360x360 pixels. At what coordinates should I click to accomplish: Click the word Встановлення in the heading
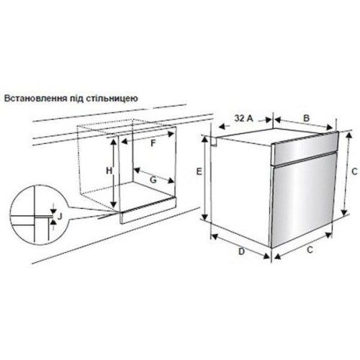point(36,99)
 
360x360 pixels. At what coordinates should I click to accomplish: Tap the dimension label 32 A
point(244,118)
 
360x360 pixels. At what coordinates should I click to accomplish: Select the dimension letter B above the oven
point(306,118)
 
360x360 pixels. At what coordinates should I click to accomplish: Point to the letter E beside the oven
point(199,171)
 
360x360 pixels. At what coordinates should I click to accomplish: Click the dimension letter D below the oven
point(241,251)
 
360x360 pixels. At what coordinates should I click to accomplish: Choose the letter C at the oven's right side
point(354,171)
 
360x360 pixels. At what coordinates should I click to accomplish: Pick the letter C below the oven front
point(310,250)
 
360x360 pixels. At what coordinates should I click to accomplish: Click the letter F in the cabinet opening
point(153,143)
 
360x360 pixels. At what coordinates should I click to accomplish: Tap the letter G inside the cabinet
point(153,179)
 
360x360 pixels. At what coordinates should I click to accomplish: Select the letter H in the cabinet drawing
point(109,171)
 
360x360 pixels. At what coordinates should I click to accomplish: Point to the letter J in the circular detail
point(60,217)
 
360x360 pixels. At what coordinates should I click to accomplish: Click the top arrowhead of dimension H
point(114,142)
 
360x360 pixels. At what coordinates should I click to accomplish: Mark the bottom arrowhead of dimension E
point(204,217)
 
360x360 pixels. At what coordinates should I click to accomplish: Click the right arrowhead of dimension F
point(171,134)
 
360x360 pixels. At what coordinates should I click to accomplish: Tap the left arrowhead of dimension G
point(137,171)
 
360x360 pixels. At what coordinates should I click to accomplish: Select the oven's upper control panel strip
point(305,148)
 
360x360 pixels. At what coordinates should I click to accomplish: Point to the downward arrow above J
point(53,209)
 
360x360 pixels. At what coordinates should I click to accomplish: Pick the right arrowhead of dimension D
point(266,256)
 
